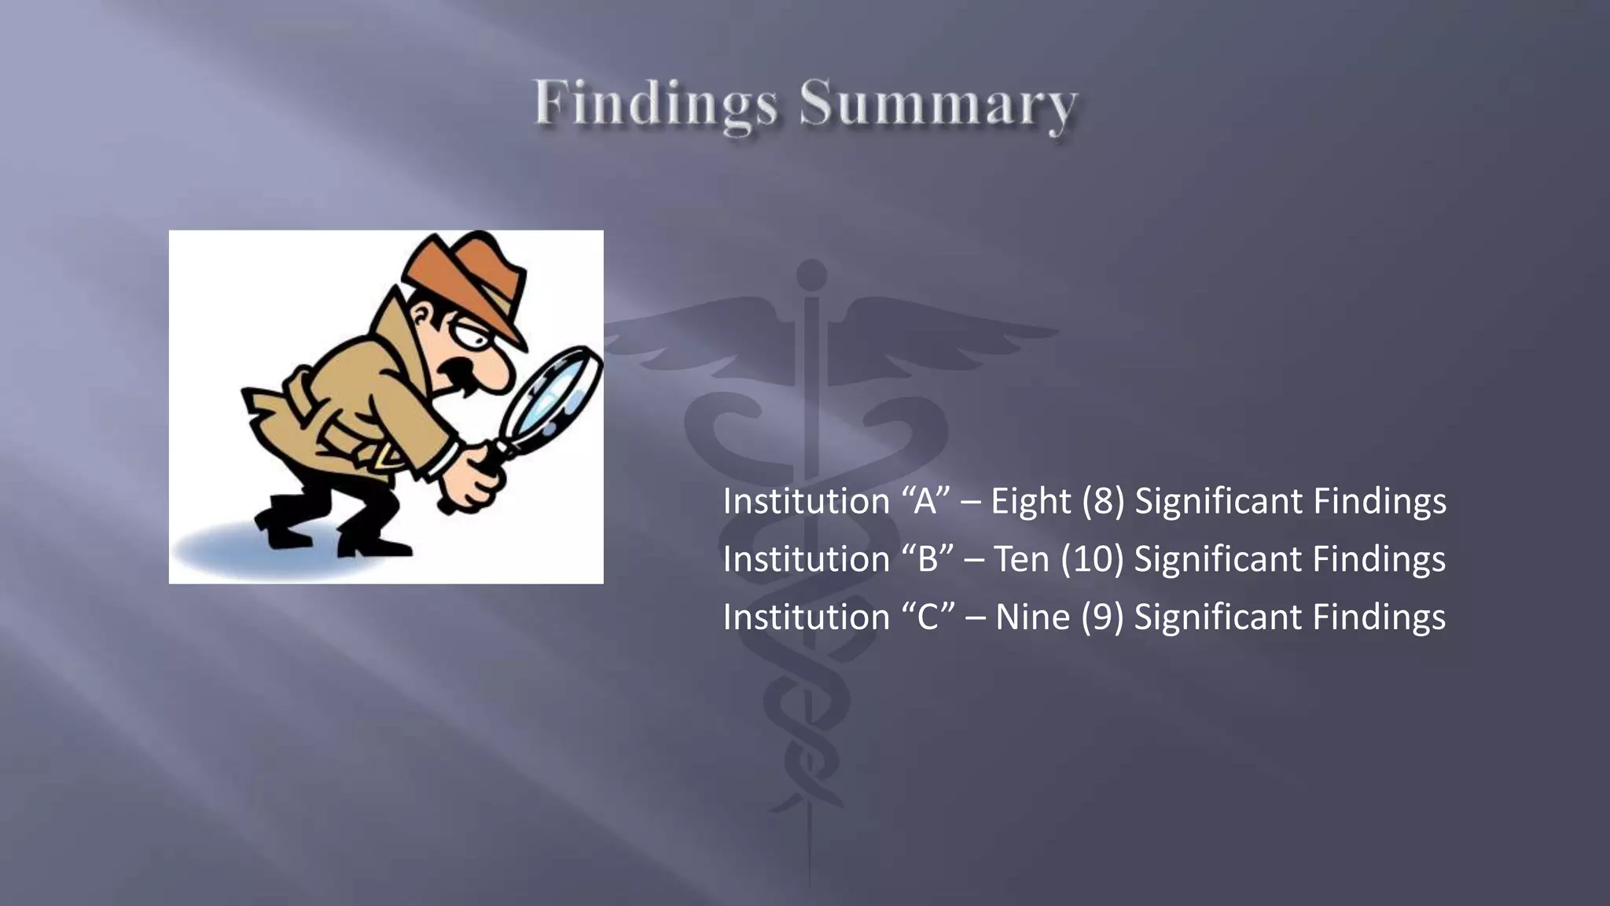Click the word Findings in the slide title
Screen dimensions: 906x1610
(656, 104)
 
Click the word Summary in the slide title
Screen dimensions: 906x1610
(938, 104)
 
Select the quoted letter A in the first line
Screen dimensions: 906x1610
(926, 501)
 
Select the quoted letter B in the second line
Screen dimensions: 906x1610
(928, 559)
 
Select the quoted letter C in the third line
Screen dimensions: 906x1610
(928, 617)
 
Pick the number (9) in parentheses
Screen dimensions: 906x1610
(1101, 617)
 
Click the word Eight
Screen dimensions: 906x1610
(1031, 501)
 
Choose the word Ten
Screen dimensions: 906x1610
(1021, 559)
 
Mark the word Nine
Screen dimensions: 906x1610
(1032, 617)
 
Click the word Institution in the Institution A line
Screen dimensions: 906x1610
(806, 501)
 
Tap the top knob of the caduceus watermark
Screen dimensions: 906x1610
(811, 274)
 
